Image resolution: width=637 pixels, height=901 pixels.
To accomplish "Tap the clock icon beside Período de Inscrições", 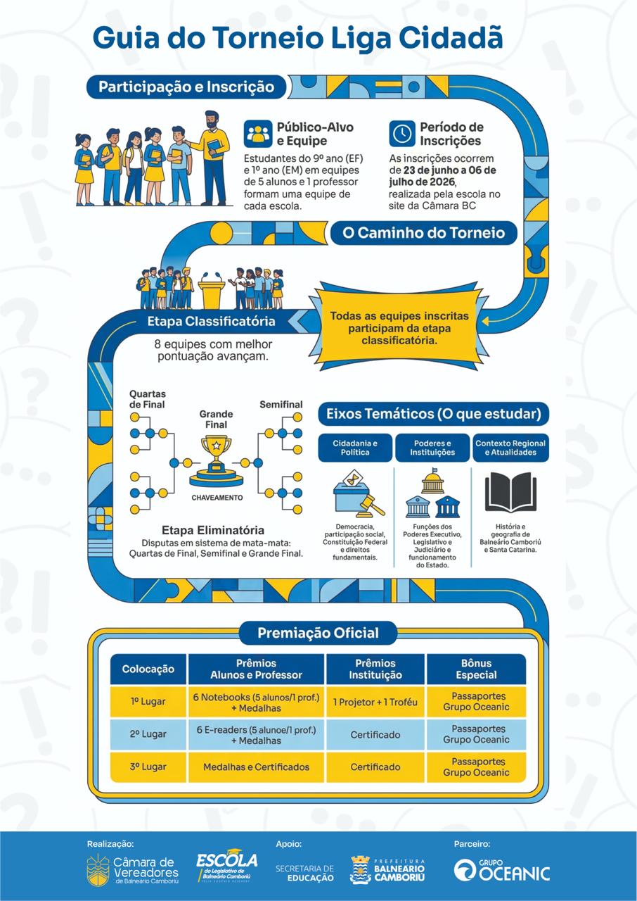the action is coord(401,134).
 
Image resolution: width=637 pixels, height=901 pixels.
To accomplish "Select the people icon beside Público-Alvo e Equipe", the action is coord(258,134).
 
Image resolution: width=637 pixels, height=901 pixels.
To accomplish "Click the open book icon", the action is coord(510,491).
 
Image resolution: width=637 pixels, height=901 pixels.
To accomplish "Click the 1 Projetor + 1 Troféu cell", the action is coord(375,702).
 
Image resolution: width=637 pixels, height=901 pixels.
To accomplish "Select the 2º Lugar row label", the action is coord(148,734).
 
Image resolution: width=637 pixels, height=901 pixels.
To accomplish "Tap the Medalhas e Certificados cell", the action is coord(256,767).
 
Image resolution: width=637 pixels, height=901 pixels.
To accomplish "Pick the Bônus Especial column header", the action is coord(477,669).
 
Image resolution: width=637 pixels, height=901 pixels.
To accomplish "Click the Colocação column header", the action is coord(148,669).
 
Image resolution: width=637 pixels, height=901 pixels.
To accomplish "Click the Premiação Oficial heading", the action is coord(318,633).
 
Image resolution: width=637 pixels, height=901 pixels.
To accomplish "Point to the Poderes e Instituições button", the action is coord(432,448).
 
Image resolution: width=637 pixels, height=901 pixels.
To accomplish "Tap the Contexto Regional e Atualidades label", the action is coord(510,448).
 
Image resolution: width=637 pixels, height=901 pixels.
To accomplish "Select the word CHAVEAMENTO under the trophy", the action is coord(217,498).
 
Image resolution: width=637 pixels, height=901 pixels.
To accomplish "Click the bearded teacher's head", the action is coord(212,120).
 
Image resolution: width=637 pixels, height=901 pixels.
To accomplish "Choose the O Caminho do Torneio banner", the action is coord(423,233).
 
